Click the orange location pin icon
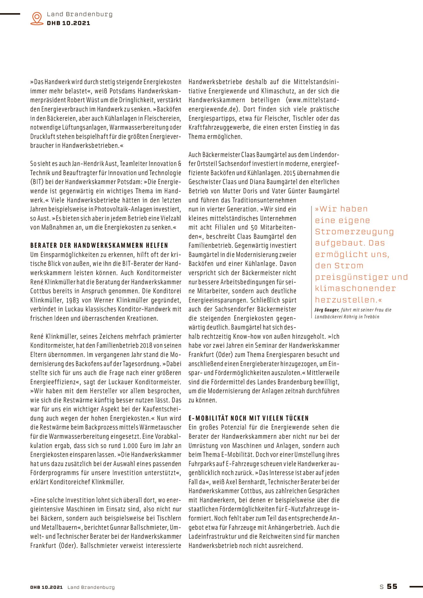[37, 18]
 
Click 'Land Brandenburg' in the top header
[79, 14]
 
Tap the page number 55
[392, 586]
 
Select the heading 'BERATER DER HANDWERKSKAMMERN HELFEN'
[99, 246]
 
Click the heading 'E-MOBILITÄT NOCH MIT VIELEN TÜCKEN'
[249, 418]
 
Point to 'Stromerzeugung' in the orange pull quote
[354, 232]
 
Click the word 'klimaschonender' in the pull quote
[355, 288]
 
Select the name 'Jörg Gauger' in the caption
[326, 310]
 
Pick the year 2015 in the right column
[289, 173]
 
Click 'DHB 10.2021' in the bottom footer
[47, 587]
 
